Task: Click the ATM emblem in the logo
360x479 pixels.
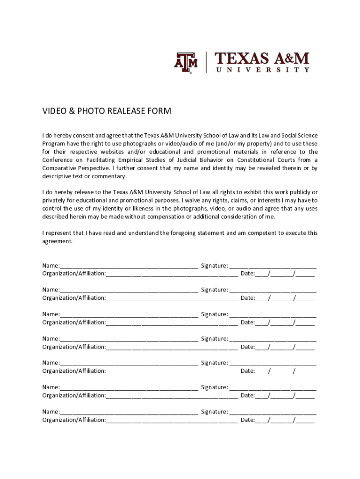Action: pyautogui.click(x=186, y=63)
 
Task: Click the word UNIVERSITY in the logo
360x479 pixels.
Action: pyautogui.click(x=262, y=70)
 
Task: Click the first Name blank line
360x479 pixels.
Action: pyautogui.click(x=129, y=266)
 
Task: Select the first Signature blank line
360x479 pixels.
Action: pyautogui.click(x=273, y=266)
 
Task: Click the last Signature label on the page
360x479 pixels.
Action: pyautogui.click(x=214, y=412)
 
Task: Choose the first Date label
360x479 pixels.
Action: pyautogui.click(x=247, y=274)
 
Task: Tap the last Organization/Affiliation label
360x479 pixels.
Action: pyautogui.click(x=74, y=420)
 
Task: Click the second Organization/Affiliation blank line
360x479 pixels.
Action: pyautogui.click(x=172, y=298)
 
